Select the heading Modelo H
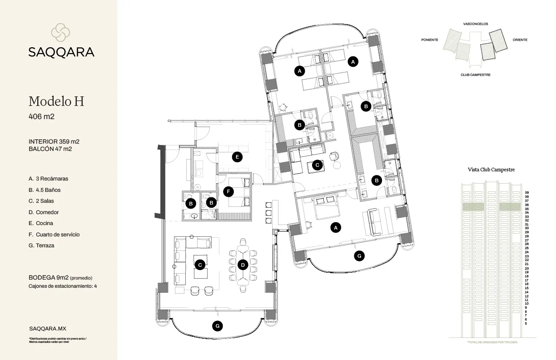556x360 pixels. [56, 101]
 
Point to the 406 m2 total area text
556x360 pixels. [41, 117]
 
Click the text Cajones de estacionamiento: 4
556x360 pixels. [63, 286]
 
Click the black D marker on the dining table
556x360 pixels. [243, 264]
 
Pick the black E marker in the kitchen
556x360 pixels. [236, 157]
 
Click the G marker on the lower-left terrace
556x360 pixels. [218, 325]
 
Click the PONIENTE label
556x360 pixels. [430, 40]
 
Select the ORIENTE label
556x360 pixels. [520, 40]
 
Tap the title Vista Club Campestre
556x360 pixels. [491, 170]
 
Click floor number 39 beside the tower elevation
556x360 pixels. [526, 193]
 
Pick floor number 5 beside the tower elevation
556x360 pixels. [526, 324]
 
